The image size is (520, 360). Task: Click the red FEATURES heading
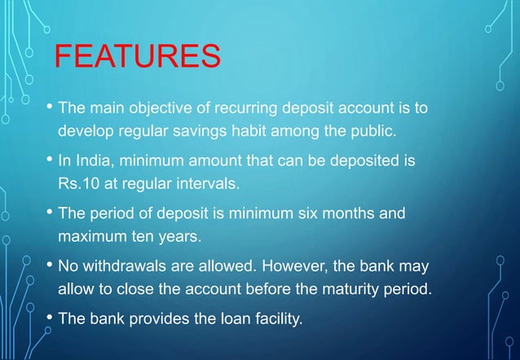137,59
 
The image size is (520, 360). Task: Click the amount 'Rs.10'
76,184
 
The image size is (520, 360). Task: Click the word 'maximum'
90,238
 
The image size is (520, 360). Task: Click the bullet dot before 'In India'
51,161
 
